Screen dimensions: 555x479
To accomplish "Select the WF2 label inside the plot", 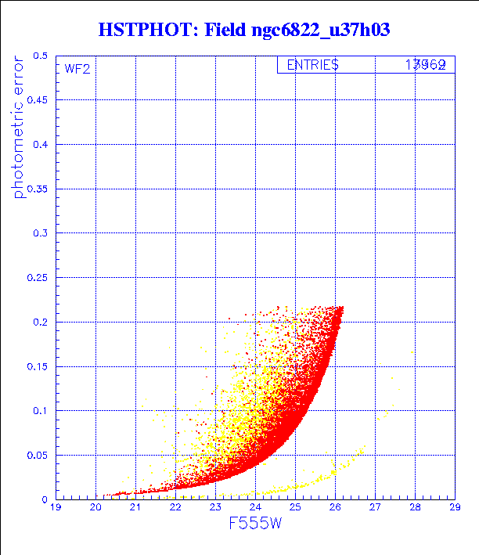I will (77, 69).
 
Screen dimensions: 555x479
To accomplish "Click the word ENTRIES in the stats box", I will (312, 66).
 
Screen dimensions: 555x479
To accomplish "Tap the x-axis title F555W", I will (255, 524).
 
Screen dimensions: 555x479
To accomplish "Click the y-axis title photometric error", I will (19, 126).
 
